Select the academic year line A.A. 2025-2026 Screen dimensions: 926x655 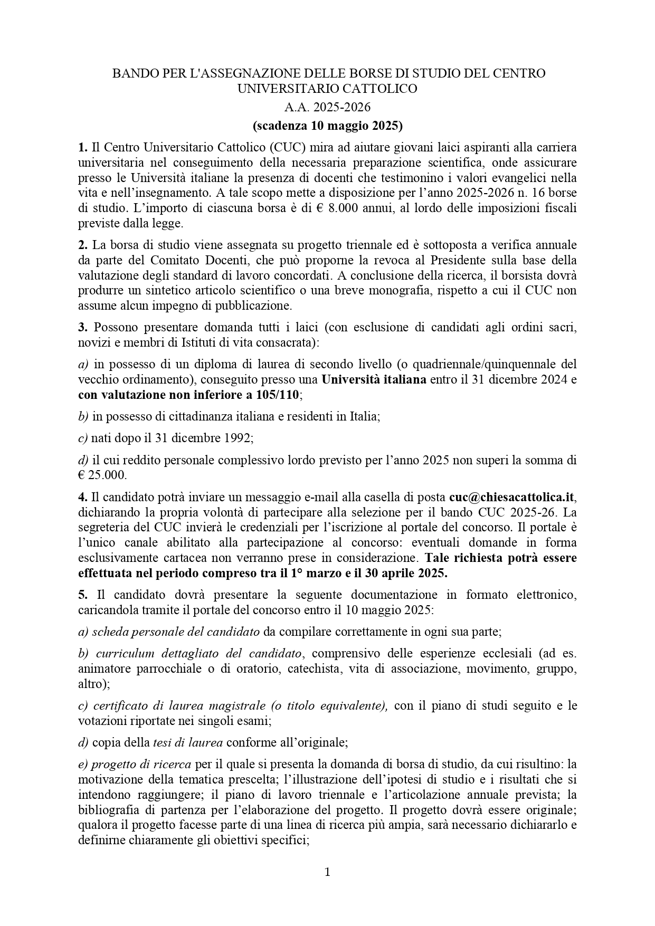[x=327, y=108]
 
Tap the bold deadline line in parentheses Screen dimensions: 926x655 [x=327, y=126]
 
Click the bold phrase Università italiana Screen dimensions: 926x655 [x=374, y=379]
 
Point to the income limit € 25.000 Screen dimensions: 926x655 [x=102, y=475]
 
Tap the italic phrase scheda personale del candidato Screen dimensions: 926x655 [x=168, y=632]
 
